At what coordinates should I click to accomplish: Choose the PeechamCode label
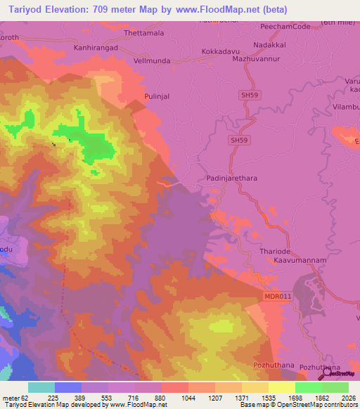tap(284, 26)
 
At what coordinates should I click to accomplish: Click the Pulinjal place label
tap(157, 95)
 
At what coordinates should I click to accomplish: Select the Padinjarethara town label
tap(231, 178)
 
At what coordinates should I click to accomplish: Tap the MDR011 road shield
tap(277, 297)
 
